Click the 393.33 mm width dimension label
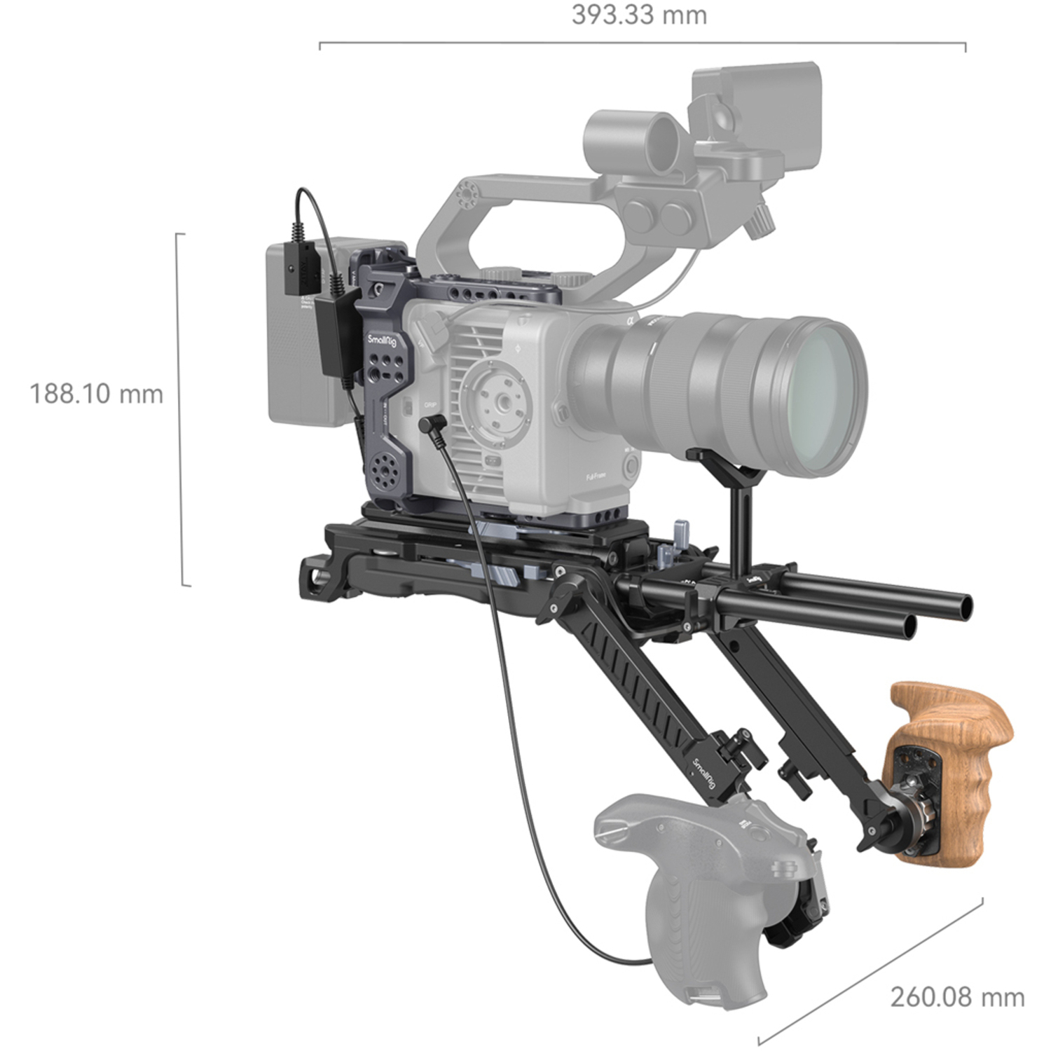[x=639, y=15]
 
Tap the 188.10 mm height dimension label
[x=96, y=394]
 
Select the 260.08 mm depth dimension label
[x=957, y=996]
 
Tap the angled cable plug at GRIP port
[x=430, y=424]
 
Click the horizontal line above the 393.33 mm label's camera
[x=642, y=43]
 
